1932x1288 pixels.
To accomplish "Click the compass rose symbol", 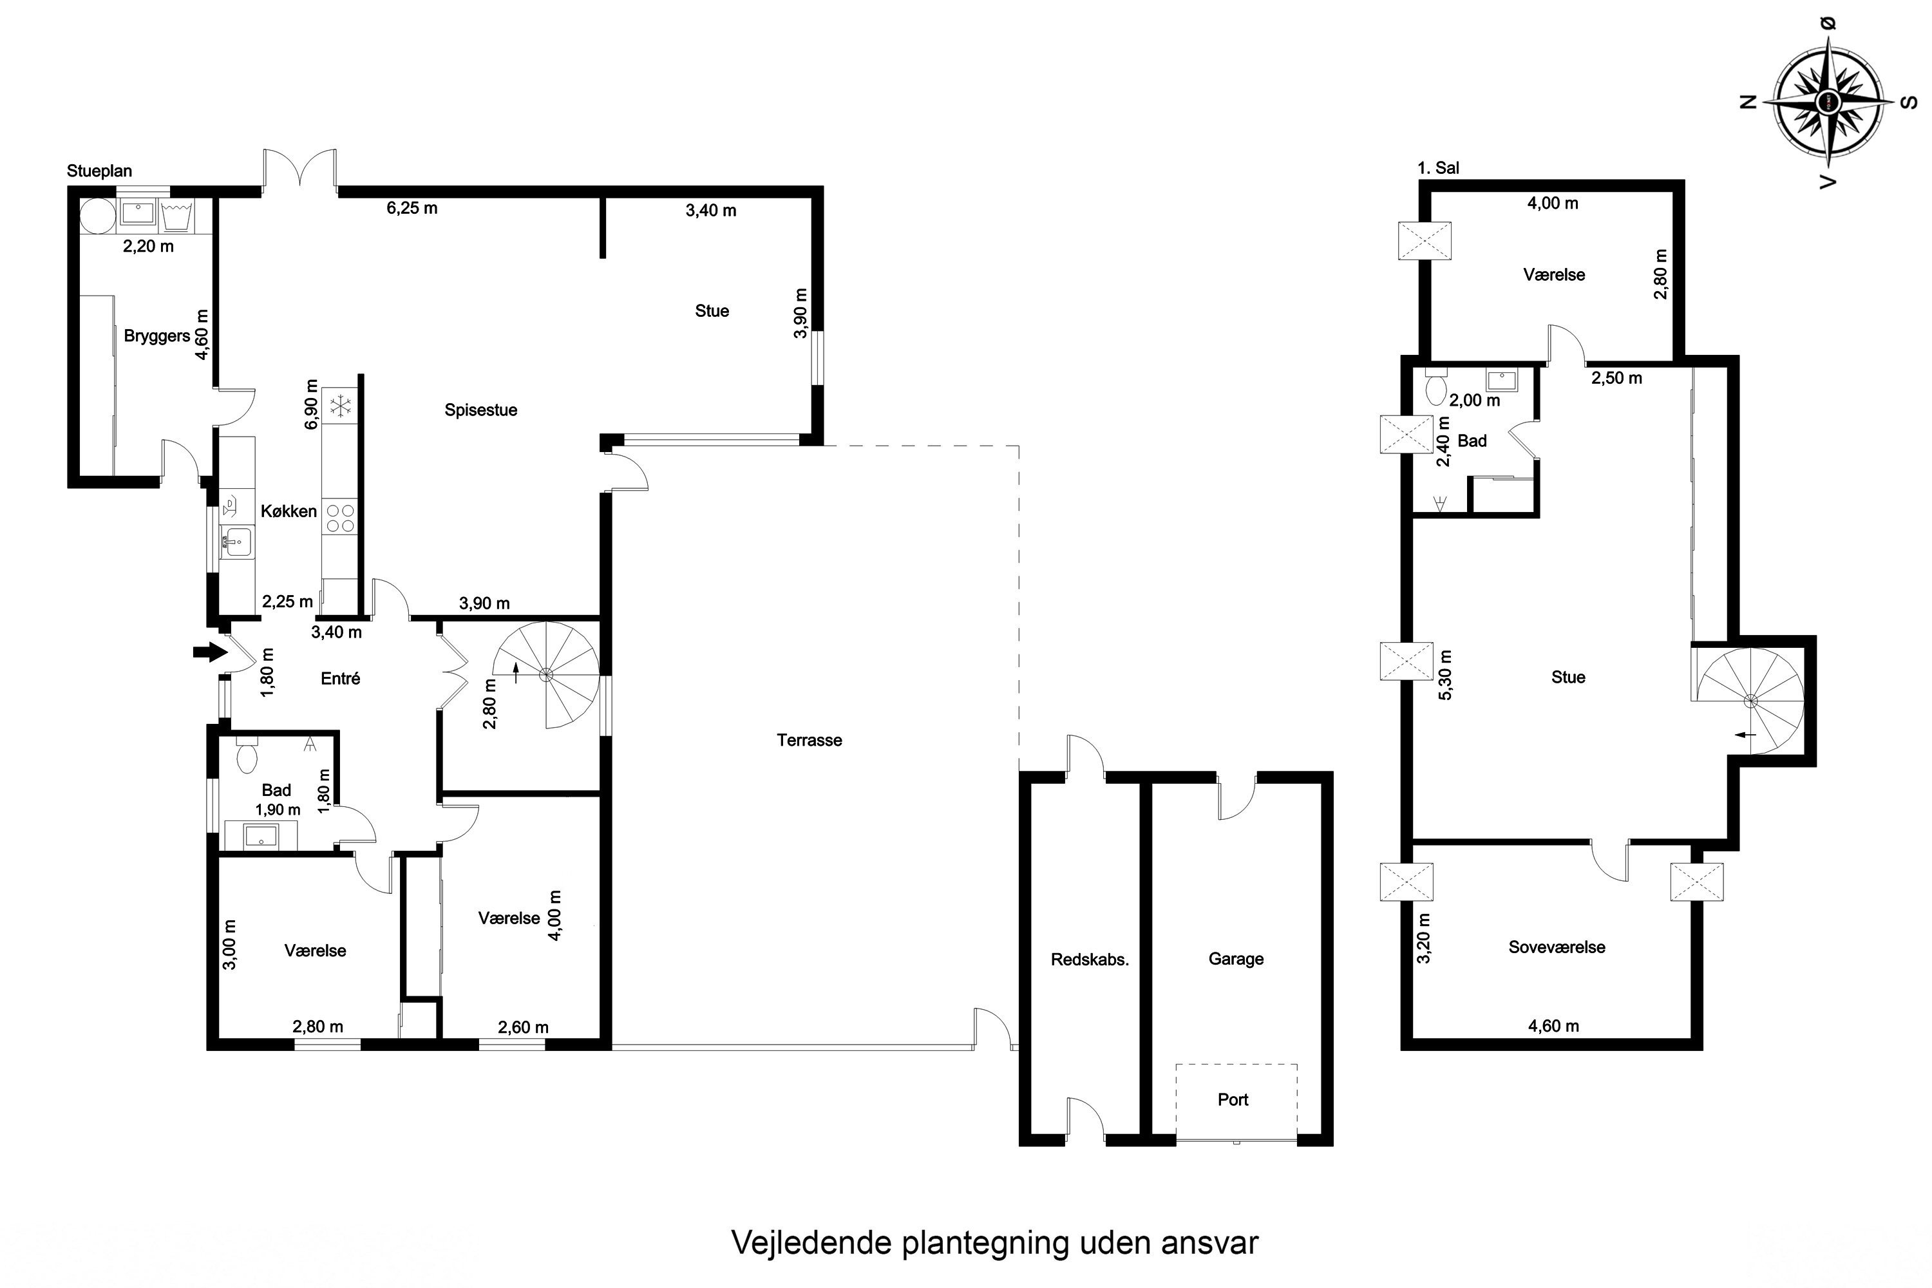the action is click(x=1828, y=101).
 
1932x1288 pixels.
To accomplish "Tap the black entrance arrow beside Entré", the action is click(x=211, y=652).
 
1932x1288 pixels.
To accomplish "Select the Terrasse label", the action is click(x=809, y=740).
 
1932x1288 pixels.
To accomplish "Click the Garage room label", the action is click(x=1235, y=959).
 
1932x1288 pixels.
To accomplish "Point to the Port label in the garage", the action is click(x=1233, y=1100).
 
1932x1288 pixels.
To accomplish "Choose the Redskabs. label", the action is click(x=1089, y=960).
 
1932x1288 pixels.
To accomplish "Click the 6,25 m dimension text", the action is click(x=412, y=208).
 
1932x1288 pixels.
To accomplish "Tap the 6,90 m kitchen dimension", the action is click(x=310, y=404).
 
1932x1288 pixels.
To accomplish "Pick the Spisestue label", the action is click(x=480, y=410).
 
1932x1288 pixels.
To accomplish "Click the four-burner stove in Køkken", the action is click(x=340, y=518).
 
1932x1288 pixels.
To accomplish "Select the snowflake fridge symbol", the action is click(x=339, y=405).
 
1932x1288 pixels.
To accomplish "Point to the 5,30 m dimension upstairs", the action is click(x=1446, y=675).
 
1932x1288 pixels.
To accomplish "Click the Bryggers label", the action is click(x=157, y=336).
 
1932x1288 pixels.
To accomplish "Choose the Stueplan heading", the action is click(x=99, y=171).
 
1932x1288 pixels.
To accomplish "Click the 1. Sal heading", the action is click(x=1438, y=167).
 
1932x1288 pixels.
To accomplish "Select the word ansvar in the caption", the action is click(x=1209, y=1243).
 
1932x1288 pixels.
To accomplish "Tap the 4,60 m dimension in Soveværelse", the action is click(x=1553, y=1026).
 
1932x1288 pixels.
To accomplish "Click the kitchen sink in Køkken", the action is click(x=238, y=543).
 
